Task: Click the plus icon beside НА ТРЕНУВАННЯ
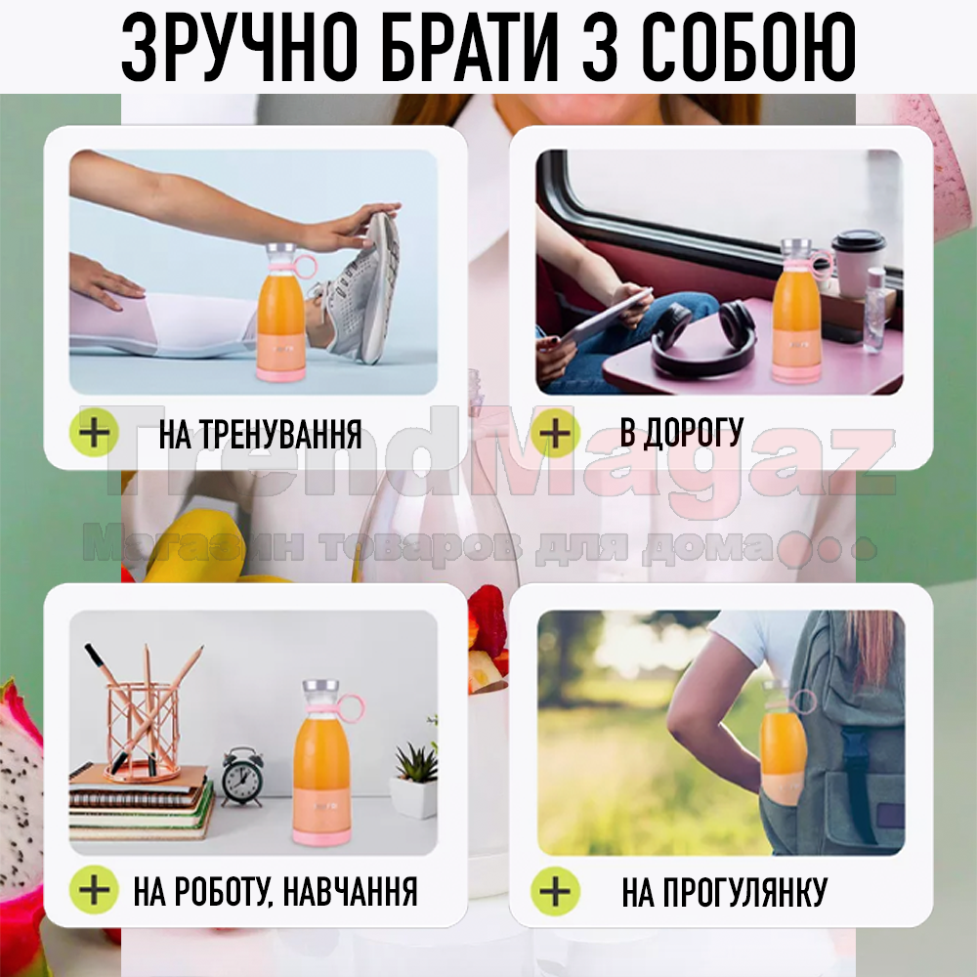tap(94, 433)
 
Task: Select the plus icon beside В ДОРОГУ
tap(555, 433)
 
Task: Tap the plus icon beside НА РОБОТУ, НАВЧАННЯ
tap(94, 890)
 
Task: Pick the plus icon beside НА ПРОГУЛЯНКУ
tap(555, 890)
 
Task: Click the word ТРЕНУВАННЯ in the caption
tap(282, 434)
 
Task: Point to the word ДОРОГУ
tap(694, 433)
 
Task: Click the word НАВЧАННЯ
tap(350, 891)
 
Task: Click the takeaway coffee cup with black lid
tap(859, 262)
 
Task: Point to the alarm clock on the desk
tap(241, 776)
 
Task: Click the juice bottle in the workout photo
tap(281, 312)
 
